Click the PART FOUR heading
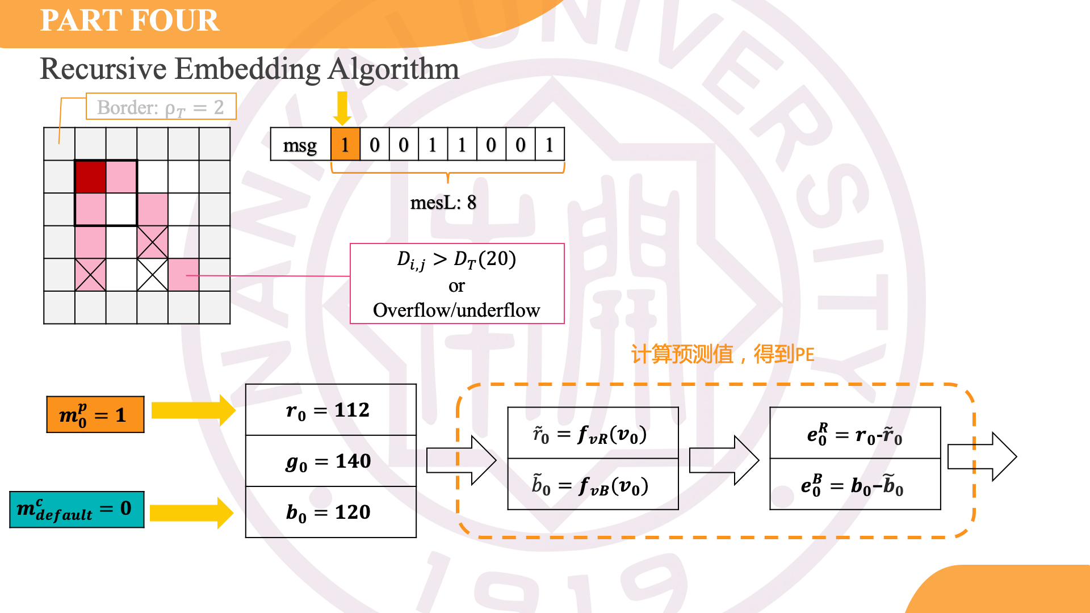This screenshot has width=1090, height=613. tap(129, 20)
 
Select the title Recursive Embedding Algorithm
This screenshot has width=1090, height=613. tap(249, 69)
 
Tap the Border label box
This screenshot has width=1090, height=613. tap(161, 107)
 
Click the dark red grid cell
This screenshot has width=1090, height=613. tap(90, 177)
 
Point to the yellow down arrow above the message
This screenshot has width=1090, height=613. tap(342, 108)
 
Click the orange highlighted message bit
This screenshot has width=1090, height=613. tap(345, 145)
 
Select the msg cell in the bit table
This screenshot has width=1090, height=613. tap(300, 145)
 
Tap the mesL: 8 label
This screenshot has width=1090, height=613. tap(443, 203)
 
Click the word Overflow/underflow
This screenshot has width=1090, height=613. tap(456, 310)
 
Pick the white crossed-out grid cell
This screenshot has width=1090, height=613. tap(152, 275)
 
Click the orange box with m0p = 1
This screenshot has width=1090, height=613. tap(95, 415)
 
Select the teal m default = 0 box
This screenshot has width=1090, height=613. tap(77, 509)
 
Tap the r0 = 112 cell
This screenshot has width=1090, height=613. tap(330, 410)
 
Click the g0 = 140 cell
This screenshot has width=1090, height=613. tap(330, 461)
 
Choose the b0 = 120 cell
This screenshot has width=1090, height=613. tap(330, 512)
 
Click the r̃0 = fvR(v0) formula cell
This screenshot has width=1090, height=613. tap(593, 434)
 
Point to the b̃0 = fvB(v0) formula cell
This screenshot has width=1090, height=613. tap(593, 485)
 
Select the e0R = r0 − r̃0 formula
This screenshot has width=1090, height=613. tap(854, 434)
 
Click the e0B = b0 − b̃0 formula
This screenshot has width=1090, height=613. tap(854, 485)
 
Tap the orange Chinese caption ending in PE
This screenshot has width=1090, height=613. tap(722, 354)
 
